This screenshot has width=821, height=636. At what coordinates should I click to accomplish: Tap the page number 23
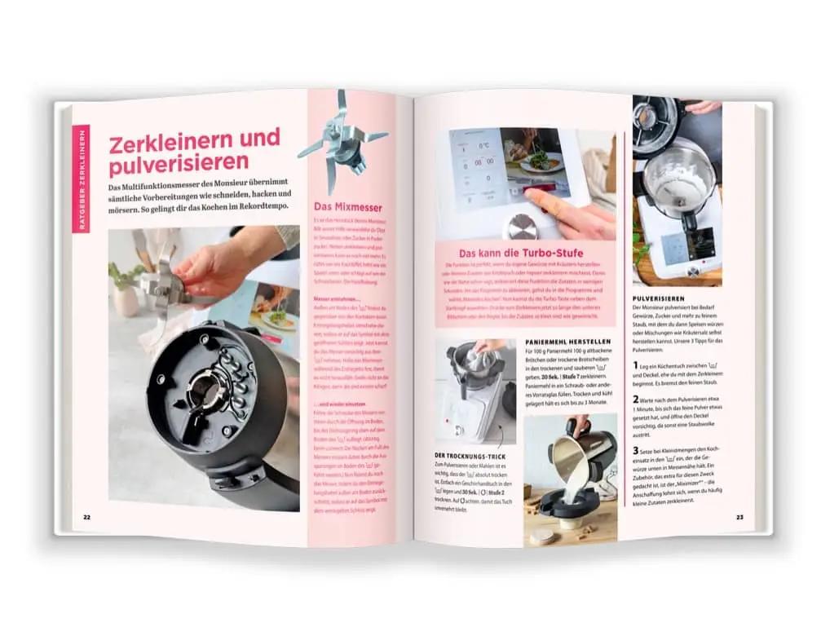click(740, 517)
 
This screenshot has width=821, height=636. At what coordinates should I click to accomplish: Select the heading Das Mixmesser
click(348, 207)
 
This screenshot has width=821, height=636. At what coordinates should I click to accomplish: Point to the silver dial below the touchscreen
click(522, 225)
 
